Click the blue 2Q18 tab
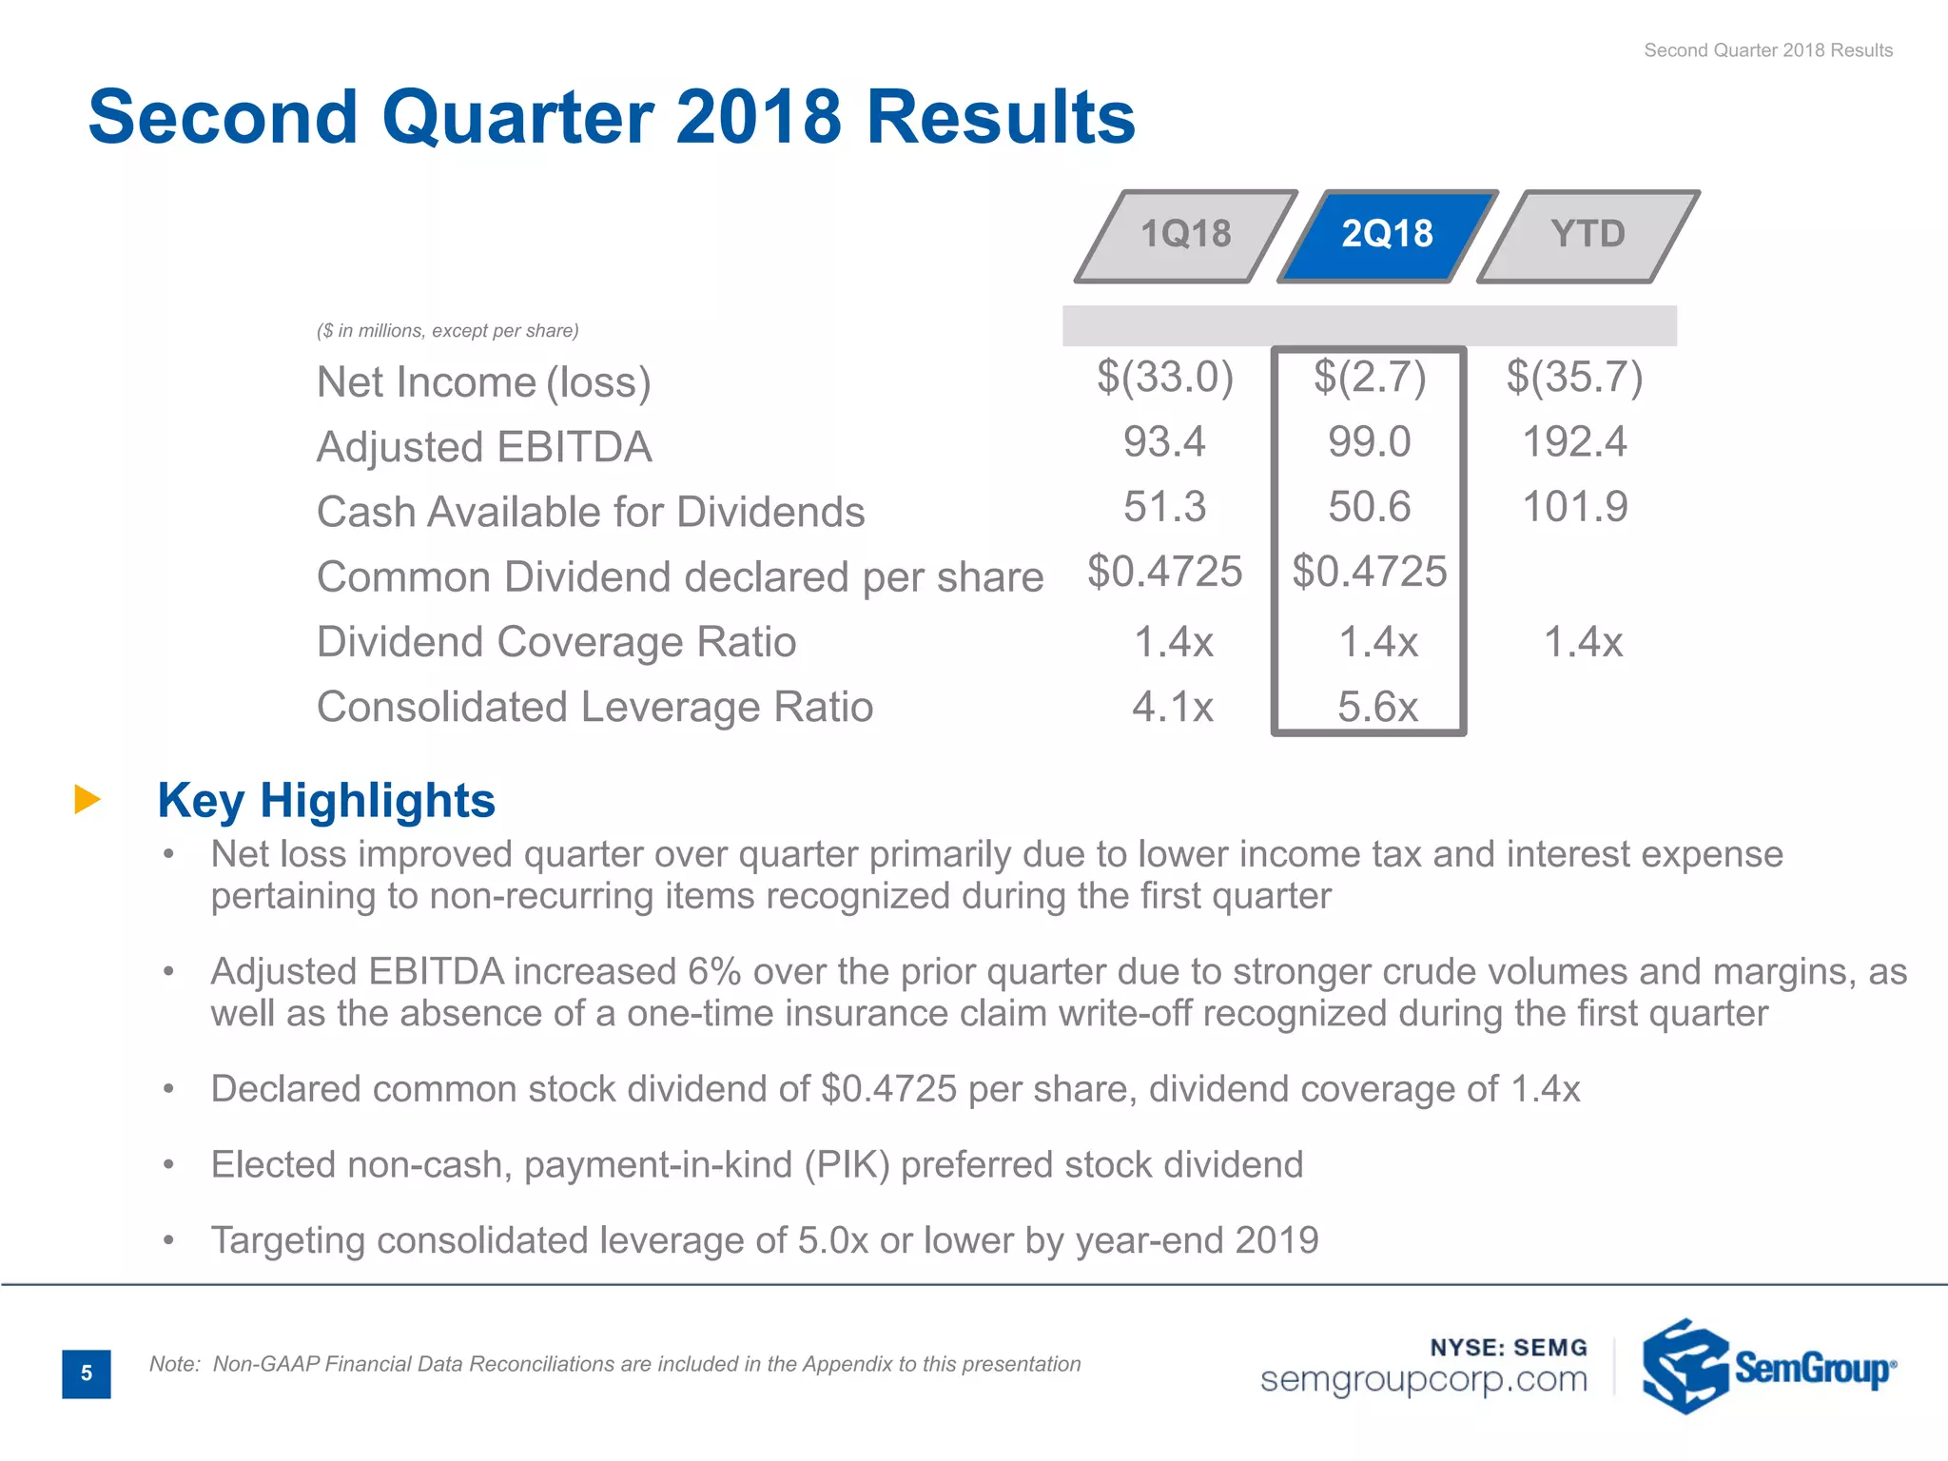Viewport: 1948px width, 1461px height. click(1387, 235)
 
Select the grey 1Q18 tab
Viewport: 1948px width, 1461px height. click(1185, 235)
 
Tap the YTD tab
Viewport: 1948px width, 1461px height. click(1588, 235)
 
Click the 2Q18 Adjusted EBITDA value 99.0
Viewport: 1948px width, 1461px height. click(1370, 442)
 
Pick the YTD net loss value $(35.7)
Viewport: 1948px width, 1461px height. click(1574, 377)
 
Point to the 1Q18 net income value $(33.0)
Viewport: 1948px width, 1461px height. click(1164, 377)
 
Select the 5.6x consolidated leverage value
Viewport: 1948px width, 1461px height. click(1376, 707)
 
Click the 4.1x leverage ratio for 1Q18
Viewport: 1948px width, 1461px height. click(1172, 707)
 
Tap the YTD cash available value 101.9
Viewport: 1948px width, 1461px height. click(1575, 507)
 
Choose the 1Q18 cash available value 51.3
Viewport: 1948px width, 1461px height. click(1164, 507)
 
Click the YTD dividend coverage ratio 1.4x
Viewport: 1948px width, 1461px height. click(1582, 642)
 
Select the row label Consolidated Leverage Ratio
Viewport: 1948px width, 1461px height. click(594, 707)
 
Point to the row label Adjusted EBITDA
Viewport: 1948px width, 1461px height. click(484, 447)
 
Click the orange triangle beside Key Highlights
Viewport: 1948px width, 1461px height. click(87, 799)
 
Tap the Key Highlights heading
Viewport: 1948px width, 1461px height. click(326, 800)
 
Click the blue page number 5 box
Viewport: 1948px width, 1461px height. click(87, 1373)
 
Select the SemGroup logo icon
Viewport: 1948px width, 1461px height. click(1684, 1366)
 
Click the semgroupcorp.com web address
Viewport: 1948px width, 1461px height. click(1423, 1379)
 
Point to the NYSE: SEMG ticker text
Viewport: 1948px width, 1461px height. click(1509, 1347)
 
